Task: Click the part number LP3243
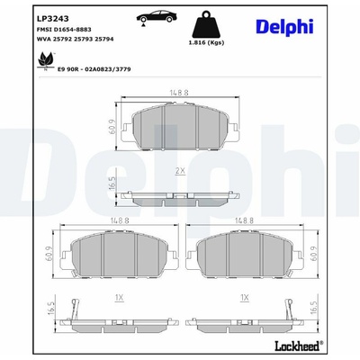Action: click(x=52, y=19)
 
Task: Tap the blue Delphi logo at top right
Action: click(x=284, y=27)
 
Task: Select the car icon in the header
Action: click(x=156, y=18)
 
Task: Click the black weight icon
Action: click(x=206, y=24)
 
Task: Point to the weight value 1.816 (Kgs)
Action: click(x=206, y=43)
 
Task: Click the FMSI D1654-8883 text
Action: click(x=64, y=30)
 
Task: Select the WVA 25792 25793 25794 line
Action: click(x=75, y=39)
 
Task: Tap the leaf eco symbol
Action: click(x=46, y=61)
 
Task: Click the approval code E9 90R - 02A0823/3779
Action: click(x=94, y=69)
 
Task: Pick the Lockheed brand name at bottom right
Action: click(x=297, y=346)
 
